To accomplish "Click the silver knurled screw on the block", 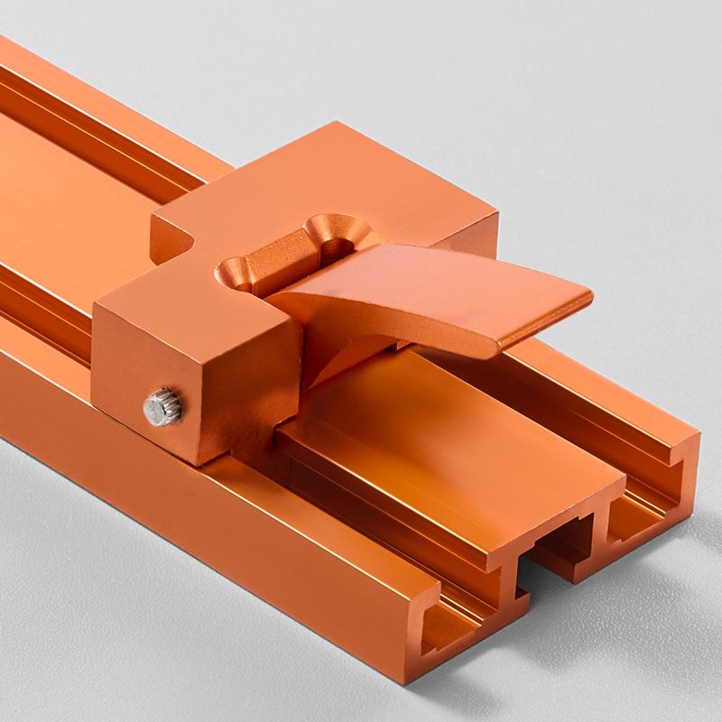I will click(163, 406).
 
